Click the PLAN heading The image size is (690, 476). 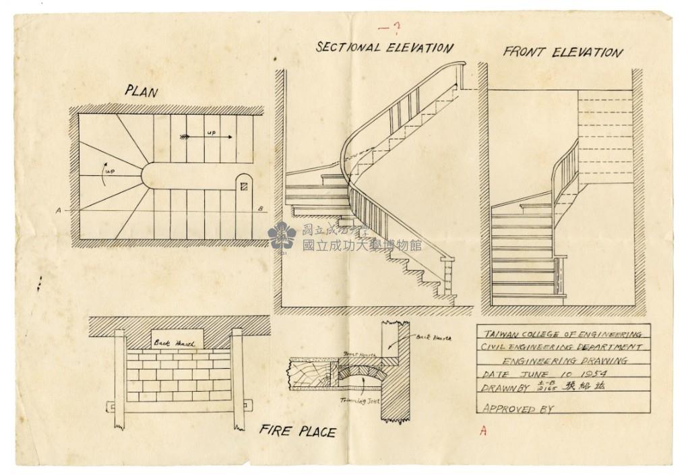141,91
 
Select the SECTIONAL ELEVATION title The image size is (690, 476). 385,47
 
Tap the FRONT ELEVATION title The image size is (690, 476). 563,52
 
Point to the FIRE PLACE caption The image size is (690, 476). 297,431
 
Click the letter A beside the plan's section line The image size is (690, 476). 59,210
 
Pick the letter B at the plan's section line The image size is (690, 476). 260,209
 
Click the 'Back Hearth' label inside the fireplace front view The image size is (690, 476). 174,343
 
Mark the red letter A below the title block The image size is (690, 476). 482,432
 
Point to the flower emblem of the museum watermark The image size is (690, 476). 282,235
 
